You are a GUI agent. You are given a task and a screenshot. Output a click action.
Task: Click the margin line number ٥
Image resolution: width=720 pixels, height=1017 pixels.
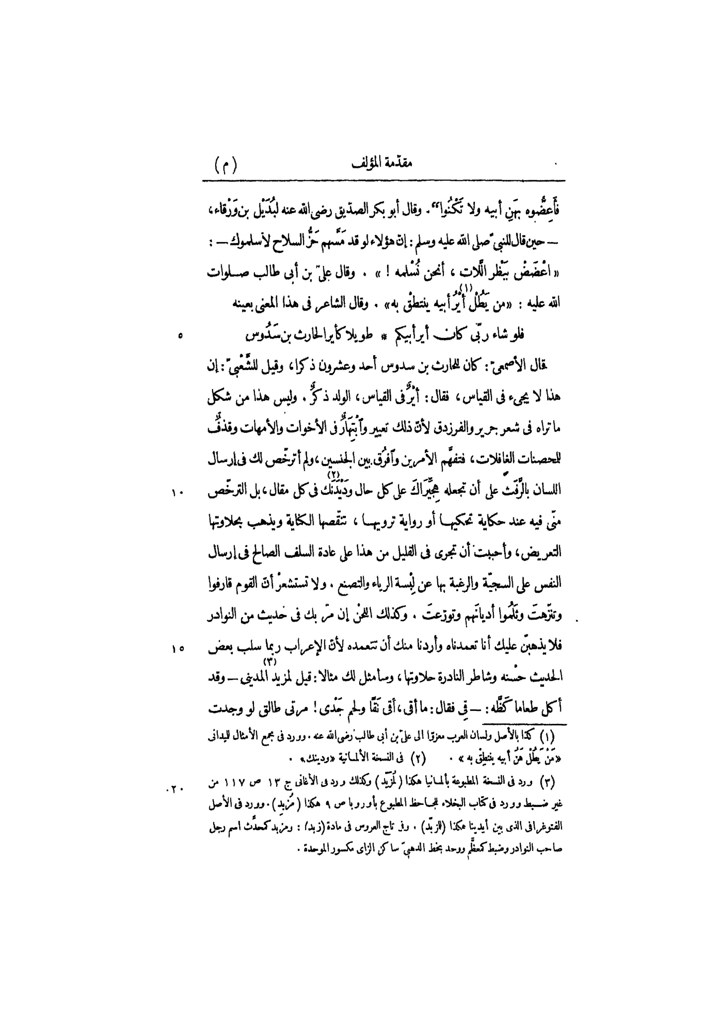click(180, 336)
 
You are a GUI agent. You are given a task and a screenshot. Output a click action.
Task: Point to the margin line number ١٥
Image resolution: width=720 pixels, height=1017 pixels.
click(178, 648)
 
